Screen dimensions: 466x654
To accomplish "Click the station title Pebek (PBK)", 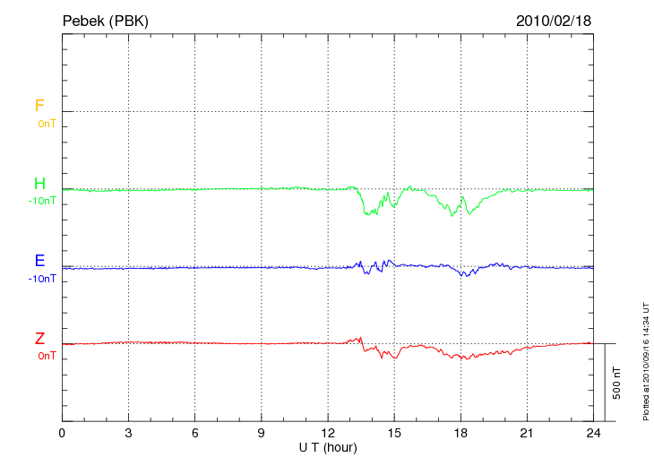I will click(105, 21).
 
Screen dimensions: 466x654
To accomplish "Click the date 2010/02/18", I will click(554, 21).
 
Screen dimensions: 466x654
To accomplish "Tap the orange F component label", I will click(39, 106).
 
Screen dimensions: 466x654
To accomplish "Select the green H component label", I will click(39, 184).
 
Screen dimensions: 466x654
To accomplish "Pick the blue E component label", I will click(39, 261).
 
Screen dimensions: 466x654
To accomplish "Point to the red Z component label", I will click(39, 339).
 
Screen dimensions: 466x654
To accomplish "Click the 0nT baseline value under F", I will click(47, 123).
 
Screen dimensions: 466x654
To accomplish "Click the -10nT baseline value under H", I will click(42, 201).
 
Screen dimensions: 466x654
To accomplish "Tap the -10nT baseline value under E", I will click(42, 279).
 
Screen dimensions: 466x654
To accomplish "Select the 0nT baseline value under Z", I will click(47, 356).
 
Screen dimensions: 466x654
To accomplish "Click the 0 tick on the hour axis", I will click(62, 433).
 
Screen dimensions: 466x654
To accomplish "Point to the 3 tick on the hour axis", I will click(128, 433).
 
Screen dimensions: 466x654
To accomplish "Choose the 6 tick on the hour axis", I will click(195, 433).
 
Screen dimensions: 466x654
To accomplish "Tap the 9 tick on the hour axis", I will click(262, 433).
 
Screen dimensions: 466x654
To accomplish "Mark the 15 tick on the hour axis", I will click(394, 433).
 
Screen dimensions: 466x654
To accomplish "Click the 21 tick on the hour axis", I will click(527, 433).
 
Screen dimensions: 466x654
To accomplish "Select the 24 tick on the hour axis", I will click(593, 433).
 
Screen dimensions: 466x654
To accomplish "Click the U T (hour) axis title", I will click(328, 446).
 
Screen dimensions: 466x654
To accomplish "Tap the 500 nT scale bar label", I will click(616, 383).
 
